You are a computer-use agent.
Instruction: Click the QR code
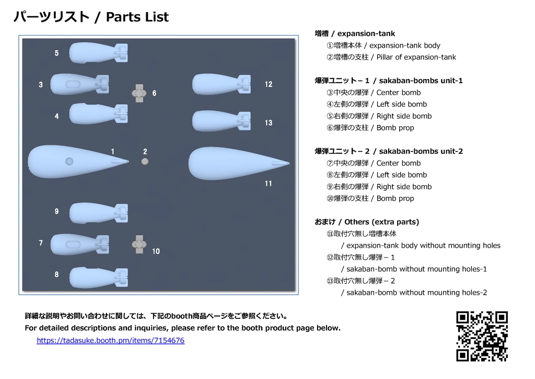pyautogui.click(x=482, y=337)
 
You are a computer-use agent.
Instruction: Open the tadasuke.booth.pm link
pyautogui.click(x=110, y=341)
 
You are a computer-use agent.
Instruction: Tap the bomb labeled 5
pyautogui.click(x=97, y=52)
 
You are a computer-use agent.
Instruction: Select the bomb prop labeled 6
pyautogui.click(x=139, y=93)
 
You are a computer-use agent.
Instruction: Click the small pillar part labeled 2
pyautogui.click(x=145, y=162)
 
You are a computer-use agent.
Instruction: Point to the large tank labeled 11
pyautogui.click(x=235, y=163)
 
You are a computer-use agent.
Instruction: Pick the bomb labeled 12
pyautogui.click(x=220, y=84)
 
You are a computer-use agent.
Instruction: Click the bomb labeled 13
pyautogui.click(x=220, y=120)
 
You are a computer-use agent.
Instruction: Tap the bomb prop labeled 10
pyautogui.click(x=139, y=244)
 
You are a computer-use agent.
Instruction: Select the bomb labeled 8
pyautogui.click(x=97, y=277)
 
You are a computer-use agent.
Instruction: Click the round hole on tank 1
pyautogui.click(x=69, y=161)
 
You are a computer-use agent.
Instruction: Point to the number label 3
pyautogui.click(x=41, y=85)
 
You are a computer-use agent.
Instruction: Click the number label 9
pyautogui.click(x=56, y=211)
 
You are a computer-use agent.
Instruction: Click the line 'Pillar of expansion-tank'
pyautogui.click(x=391, y=57)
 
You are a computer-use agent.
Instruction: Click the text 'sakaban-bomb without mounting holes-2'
pyautogui.click(x=414, y=293)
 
